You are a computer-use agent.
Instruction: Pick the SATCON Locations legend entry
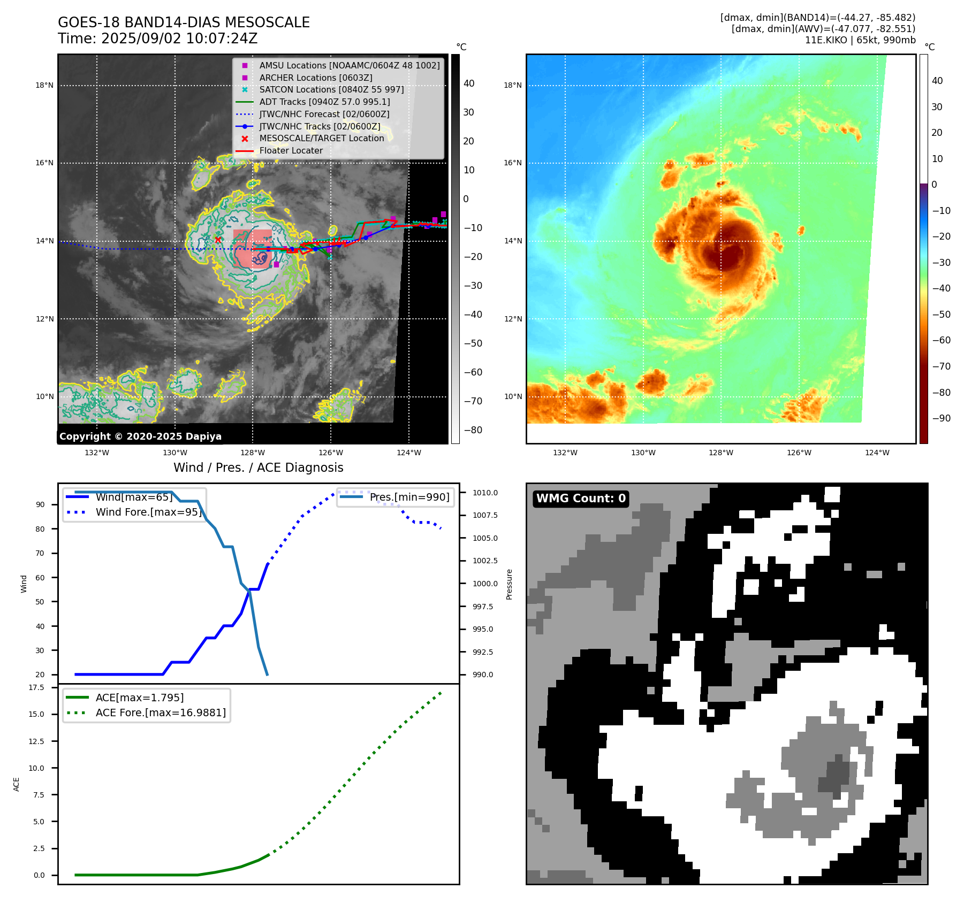pyautogui.click(x=331, y=89)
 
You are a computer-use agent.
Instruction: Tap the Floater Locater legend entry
pyautogui.click(x=291, y=151)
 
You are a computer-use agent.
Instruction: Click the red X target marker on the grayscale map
pyautogui.click(x=218, y=240)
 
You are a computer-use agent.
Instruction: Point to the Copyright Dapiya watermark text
pyautogui.click(x=140, y=436)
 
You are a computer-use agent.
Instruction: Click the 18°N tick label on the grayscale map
pyautogui.click(x=44, y=85)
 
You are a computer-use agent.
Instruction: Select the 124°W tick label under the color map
pyautogui.click(x=877, y=453)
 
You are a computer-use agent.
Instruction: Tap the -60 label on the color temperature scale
pyautogui.click(x=941, y=340)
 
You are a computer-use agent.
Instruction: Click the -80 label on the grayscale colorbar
pyautogui.click(x=473, y=430)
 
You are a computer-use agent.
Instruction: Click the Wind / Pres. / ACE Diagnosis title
pyautogui.click(x=258, y=468)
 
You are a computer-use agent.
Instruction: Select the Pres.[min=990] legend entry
pyautogui.click(x=409, y=497)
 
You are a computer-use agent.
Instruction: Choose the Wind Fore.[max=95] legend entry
pyautogui.click(x=148, y=512)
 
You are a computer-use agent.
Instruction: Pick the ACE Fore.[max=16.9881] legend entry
pyautogui.click(x=161, y=713)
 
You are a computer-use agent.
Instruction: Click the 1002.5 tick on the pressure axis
pyautogui.click(x=485, y=561)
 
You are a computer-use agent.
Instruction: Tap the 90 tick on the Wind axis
pyautogui.click(x=40, y=504)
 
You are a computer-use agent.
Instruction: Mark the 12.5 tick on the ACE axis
pyautogui.click(x=36, y=741)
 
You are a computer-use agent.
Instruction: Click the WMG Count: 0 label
pyautogui.click(x=581, y=499)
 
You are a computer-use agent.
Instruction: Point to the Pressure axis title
pyautogui.click(x=509, y=584)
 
